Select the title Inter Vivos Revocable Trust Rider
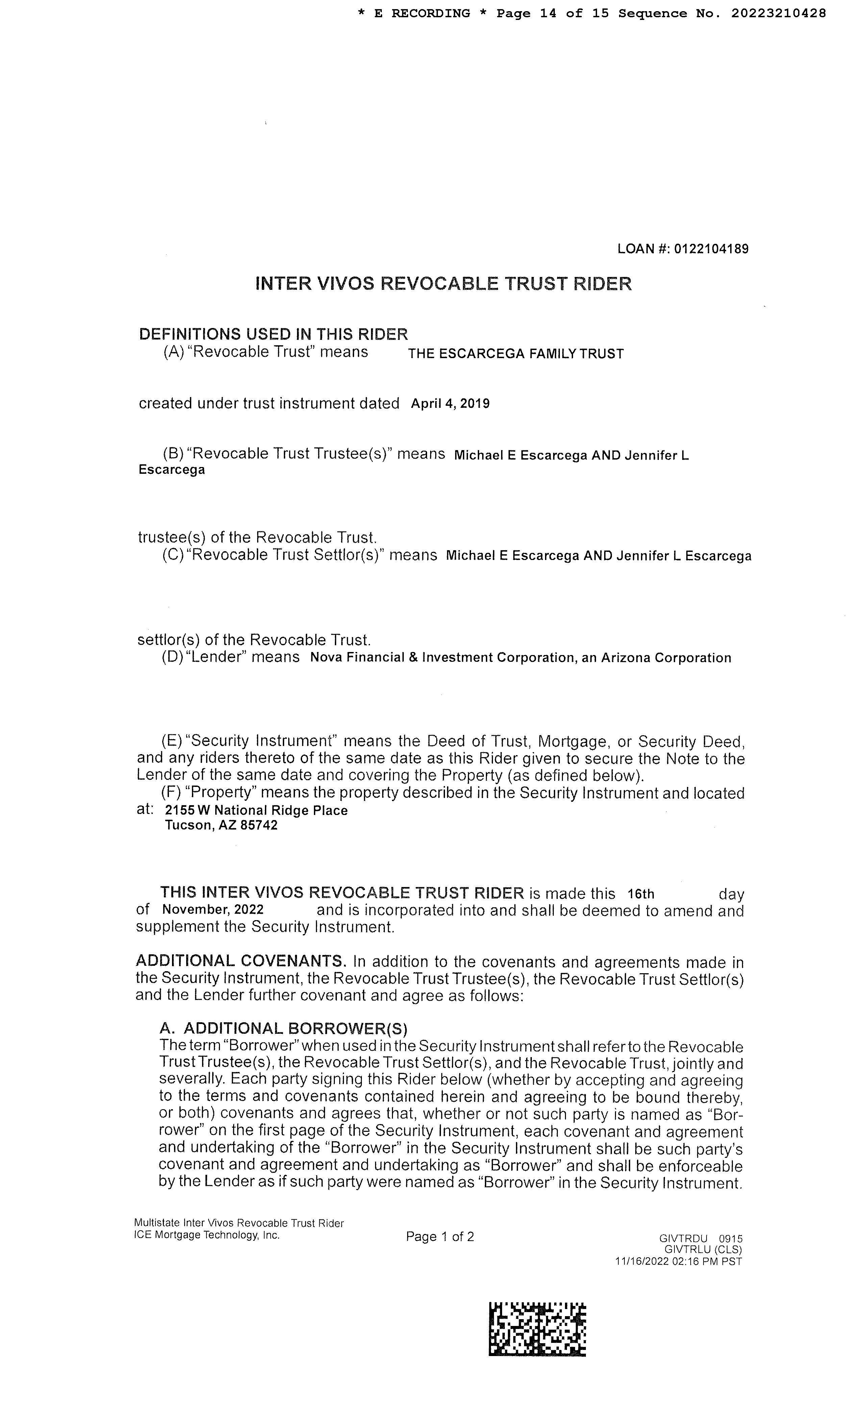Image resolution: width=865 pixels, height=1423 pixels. pos(443,284)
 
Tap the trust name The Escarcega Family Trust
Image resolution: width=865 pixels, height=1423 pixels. pos(516,354)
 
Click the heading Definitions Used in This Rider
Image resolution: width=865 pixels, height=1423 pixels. pos(273,334)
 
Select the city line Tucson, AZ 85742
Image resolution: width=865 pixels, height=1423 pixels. pos(221,825)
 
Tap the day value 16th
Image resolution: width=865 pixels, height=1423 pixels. pos(641,894)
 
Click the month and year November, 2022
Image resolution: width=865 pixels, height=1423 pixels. pos(213,910)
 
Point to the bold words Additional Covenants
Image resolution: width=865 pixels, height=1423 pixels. pos(241,961)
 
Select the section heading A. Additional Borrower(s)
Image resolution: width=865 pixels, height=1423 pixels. pos(283,1029)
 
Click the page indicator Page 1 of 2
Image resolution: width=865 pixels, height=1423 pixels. pos(440,1236)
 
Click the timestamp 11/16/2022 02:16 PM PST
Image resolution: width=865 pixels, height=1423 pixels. pos(678,1262)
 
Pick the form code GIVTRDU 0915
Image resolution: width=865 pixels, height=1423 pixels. pos(700,1239)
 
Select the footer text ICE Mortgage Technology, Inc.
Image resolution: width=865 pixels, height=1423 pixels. pos(206,1235)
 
